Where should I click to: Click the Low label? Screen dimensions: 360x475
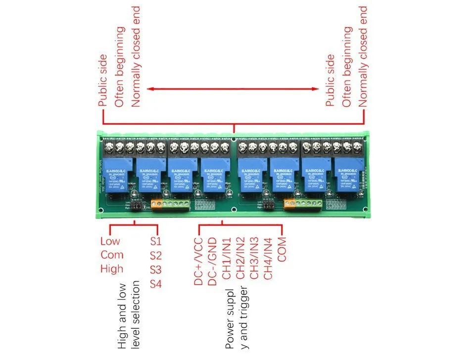point(110,242)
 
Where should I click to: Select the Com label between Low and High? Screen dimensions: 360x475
point(112,256)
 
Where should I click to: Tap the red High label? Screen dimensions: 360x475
point(111,269)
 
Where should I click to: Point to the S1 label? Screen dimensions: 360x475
point(156,242)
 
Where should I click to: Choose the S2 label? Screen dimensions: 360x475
point(156,256)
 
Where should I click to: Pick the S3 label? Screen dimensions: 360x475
point(156,270)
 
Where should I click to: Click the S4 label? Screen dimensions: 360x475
point(156,284)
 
